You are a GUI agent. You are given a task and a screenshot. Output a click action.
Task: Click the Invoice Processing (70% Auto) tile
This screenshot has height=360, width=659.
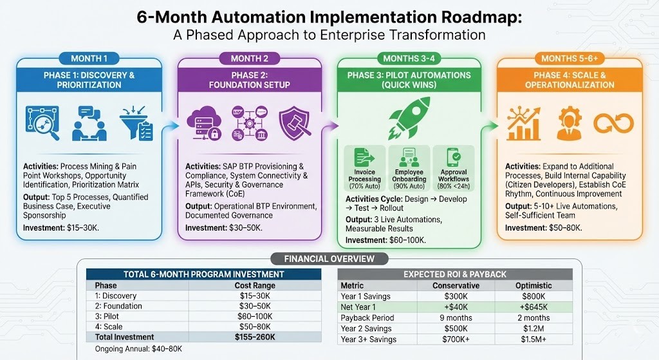[x=365, y=168]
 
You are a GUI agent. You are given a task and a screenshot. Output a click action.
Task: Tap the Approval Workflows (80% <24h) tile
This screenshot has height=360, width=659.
[x=453, y=168]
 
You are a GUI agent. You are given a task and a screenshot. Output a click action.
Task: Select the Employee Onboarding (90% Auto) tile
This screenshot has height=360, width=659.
[x=409, y=168]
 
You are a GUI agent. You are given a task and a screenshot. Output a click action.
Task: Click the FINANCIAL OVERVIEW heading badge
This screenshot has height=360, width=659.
[x=329, y=259]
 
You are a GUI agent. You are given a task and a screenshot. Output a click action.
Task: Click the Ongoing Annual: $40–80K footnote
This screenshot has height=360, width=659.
[x=138, y=348]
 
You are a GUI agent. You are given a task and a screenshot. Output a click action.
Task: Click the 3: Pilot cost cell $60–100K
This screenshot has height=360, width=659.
[x=255, y=316]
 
